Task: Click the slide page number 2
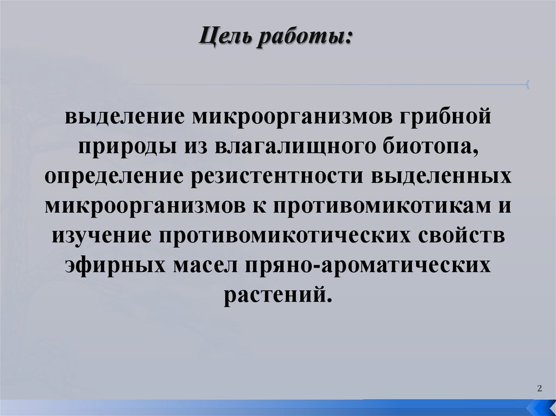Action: coord(539,388)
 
